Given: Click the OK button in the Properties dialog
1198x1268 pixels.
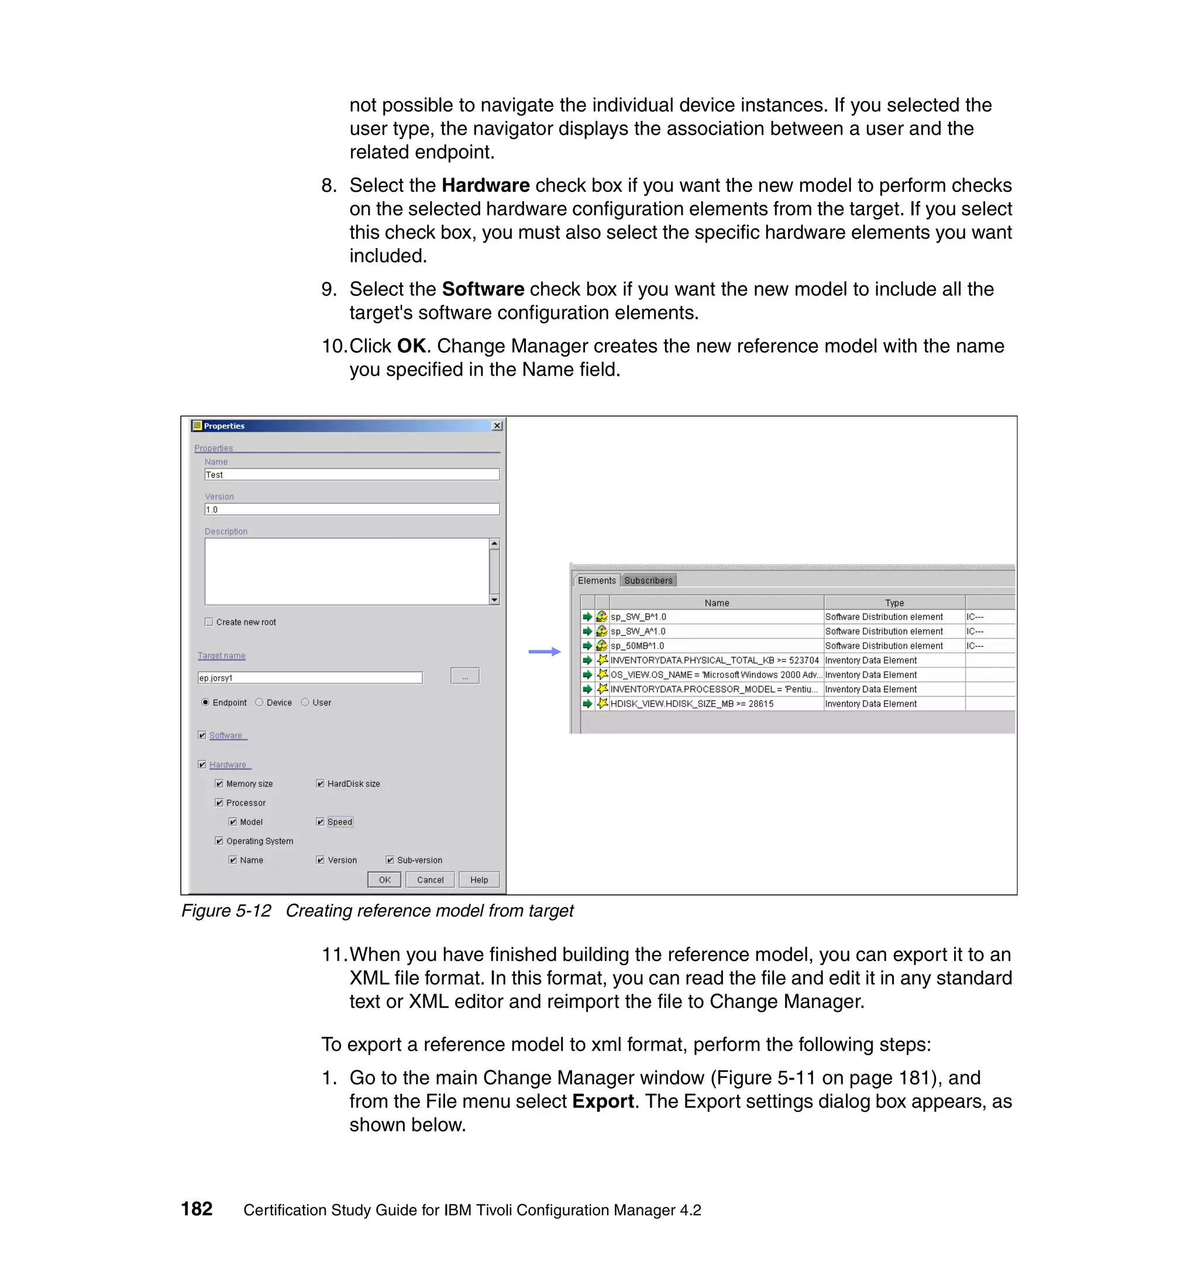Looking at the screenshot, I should coord(384,879).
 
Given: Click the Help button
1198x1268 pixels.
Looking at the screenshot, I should coord(478,879).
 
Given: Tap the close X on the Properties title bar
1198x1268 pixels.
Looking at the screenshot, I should coord(497,426).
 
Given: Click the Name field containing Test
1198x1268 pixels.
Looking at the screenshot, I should coord(351,474).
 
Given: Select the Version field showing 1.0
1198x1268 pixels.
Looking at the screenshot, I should coord(351,509).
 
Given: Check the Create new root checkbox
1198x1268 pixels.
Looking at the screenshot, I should coord(209,622).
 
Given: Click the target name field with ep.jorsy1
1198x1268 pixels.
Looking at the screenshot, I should coord(309,677).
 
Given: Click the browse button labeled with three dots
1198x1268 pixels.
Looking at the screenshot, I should coord(464,676).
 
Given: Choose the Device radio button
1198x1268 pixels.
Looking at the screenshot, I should coord(259,702).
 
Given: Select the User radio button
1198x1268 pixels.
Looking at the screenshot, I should coord(305,702).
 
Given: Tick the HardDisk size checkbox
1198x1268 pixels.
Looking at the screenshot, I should coord(321,783).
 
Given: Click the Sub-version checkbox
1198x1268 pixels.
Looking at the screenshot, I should coord(390,860).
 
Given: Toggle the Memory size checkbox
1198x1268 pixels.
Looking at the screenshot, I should coord(219,783).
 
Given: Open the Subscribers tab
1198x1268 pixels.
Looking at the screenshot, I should coord(648,580).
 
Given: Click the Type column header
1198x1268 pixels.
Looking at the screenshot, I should coord(893,603).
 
